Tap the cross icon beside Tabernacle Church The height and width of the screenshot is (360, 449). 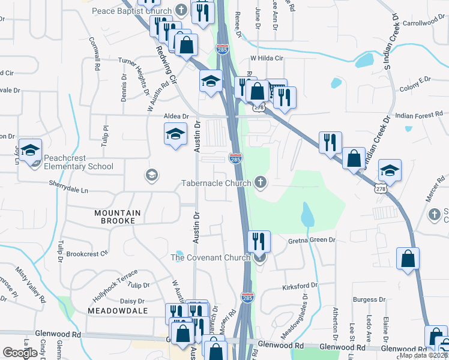[x=260, y=181]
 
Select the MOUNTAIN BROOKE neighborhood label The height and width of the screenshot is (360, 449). [x=118, y=213]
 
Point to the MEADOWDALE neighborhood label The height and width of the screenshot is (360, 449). [x=117, y=311]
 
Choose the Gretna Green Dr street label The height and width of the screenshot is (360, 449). [x=311, y=240]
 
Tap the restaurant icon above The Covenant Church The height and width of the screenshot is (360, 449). [x=259, y=242]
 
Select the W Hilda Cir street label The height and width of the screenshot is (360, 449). [x=266, y=58]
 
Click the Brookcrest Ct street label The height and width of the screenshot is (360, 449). [x=87, y=254]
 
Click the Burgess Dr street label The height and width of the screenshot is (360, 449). [x=365, y=299]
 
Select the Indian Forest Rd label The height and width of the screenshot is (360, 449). [x=420, y=115]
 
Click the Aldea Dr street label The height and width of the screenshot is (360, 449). [x=176, y=116]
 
